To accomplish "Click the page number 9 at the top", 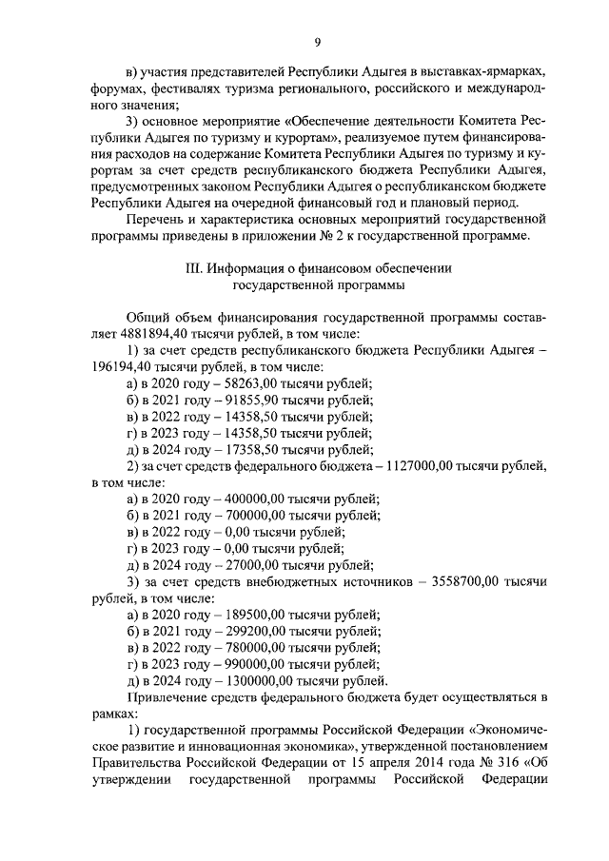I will [317, 41].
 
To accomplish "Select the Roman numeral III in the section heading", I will [192, 268].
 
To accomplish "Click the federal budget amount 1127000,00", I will [435, 465].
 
